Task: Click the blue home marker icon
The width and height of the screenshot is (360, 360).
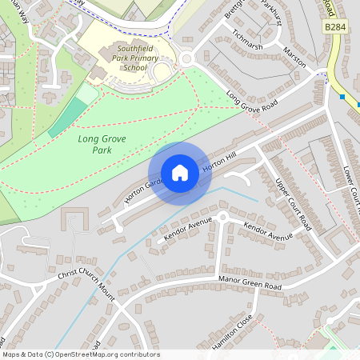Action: [180, 173]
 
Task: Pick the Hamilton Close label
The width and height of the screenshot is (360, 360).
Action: [233, 330]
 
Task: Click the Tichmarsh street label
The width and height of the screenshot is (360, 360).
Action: [246, 41]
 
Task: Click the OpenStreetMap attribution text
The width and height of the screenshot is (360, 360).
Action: [80, 354]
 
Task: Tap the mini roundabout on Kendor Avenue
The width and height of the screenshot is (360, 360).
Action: [223, 216]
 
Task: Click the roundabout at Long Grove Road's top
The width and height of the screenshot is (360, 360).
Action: [186, 58]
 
